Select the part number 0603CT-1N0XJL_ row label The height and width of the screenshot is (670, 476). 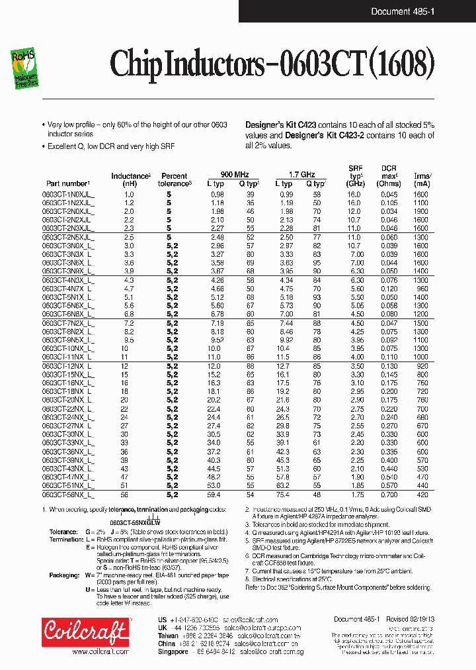click(x=68, y=194)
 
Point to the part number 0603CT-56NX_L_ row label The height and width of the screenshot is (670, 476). click(x=68, y=494)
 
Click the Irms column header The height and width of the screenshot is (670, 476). click(x=421, y=176)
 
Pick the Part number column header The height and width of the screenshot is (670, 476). click(x=67, y=183)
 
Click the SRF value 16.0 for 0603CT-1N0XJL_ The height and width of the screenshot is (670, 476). click(x=354, y=194)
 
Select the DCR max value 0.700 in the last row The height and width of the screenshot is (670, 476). click(x=389, y=494)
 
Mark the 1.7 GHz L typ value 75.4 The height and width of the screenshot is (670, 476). click(x=283, y=494)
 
